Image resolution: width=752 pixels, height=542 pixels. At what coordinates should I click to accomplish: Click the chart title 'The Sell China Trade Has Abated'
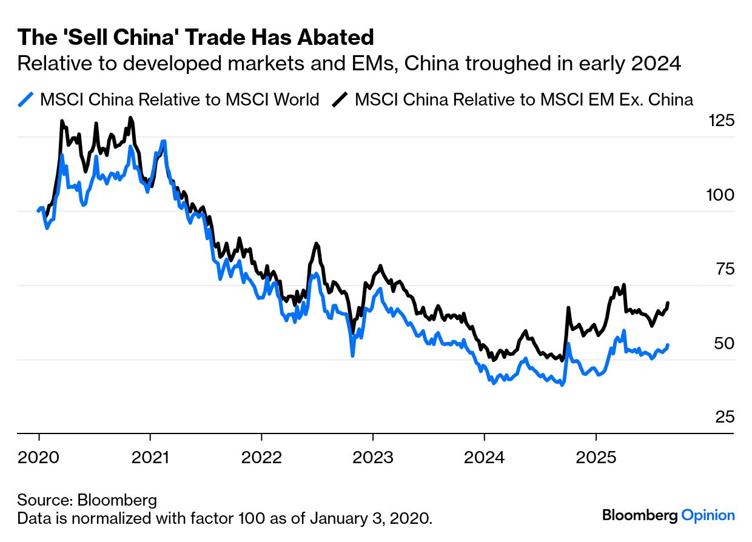pyautogui.click(x=195, y=38)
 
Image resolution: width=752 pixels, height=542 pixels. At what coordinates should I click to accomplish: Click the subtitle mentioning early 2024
pyautogui.click(x=349, y=63)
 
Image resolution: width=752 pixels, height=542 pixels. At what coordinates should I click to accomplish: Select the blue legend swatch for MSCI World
pyautogui.click(x=26, y=99)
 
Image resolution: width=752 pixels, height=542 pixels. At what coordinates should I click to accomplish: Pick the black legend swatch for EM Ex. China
pyautogui.click(x=341, y=99)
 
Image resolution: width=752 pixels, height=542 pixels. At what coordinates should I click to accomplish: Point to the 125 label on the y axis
pyautogui.click(x=721, y=121)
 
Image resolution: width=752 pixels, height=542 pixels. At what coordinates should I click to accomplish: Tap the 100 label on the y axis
pyautogui.click(x=721, y=195)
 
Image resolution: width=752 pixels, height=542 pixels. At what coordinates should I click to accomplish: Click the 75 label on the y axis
pyautogui.click(x=722, y=269)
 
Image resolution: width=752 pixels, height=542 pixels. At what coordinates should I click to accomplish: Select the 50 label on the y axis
pyautogui.click(x=722, y=343)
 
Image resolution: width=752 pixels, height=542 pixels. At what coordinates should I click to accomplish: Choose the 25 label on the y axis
pyautogui.click(x=722, y=417)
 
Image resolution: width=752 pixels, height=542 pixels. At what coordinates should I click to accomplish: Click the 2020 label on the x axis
pyautogui.click(x=39, y=457)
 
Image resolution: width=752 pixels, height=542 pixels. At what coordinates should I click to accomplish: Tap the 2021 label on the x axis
pyautogui.click(x=150, y=457)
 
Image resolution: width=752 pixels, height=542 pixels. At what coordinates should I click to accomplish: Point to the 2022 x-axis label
pyautogui.click(x=261, y=457)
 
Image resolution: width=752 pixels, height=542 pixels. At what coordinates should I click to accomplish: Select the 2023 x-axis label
pyautogui.click(x=373, y=457)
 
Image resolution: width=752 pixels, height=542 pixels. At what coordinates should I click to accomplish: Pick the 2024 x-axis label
pyautogui.click(x=485, y=457)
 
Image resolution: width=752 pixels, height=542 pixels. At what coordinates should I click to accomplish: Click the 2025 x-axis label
pyautogui.click(x=596, y=457)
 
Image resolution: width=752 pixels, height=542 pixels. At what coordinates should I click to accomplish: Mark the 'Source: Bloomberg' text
pyautogui.click(x=87, y=501)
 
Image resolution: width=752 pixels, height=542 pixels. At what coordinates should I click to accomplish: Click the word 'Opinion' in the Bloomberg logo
pyautogui.click(x=708, y=515)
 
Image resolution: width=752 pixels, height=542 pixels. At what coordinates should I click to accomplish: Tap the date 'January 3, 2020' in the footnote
pyautogui.click(x=371, y=519)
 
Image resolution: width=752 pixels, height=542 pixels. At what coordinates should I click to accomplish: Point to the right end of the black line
pyautogui.click(x=668, y=303)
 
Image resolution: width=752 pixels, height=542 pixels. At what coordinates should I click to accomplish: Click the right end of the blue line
pyautogui.click(x=668, y=345)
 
